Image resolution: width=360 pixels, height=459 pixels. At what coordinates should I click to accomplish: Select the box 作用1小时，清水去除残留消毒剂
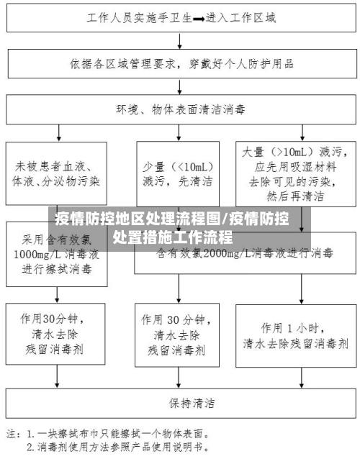pyautogui.click(x=296, y=335)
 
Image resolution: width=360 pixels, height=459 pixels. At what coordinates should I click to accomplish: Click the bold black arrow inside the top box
pyautogui.click(x=198, y=19)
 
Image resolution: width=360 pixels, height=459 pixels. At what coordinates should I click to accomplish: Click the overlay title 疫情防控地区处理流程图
pyautogui.click(x=137, y=219)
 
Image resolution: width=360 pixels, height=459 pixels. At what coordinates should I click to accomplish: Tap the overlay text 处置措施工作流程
pyautogui.click(x=173, y=237)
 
